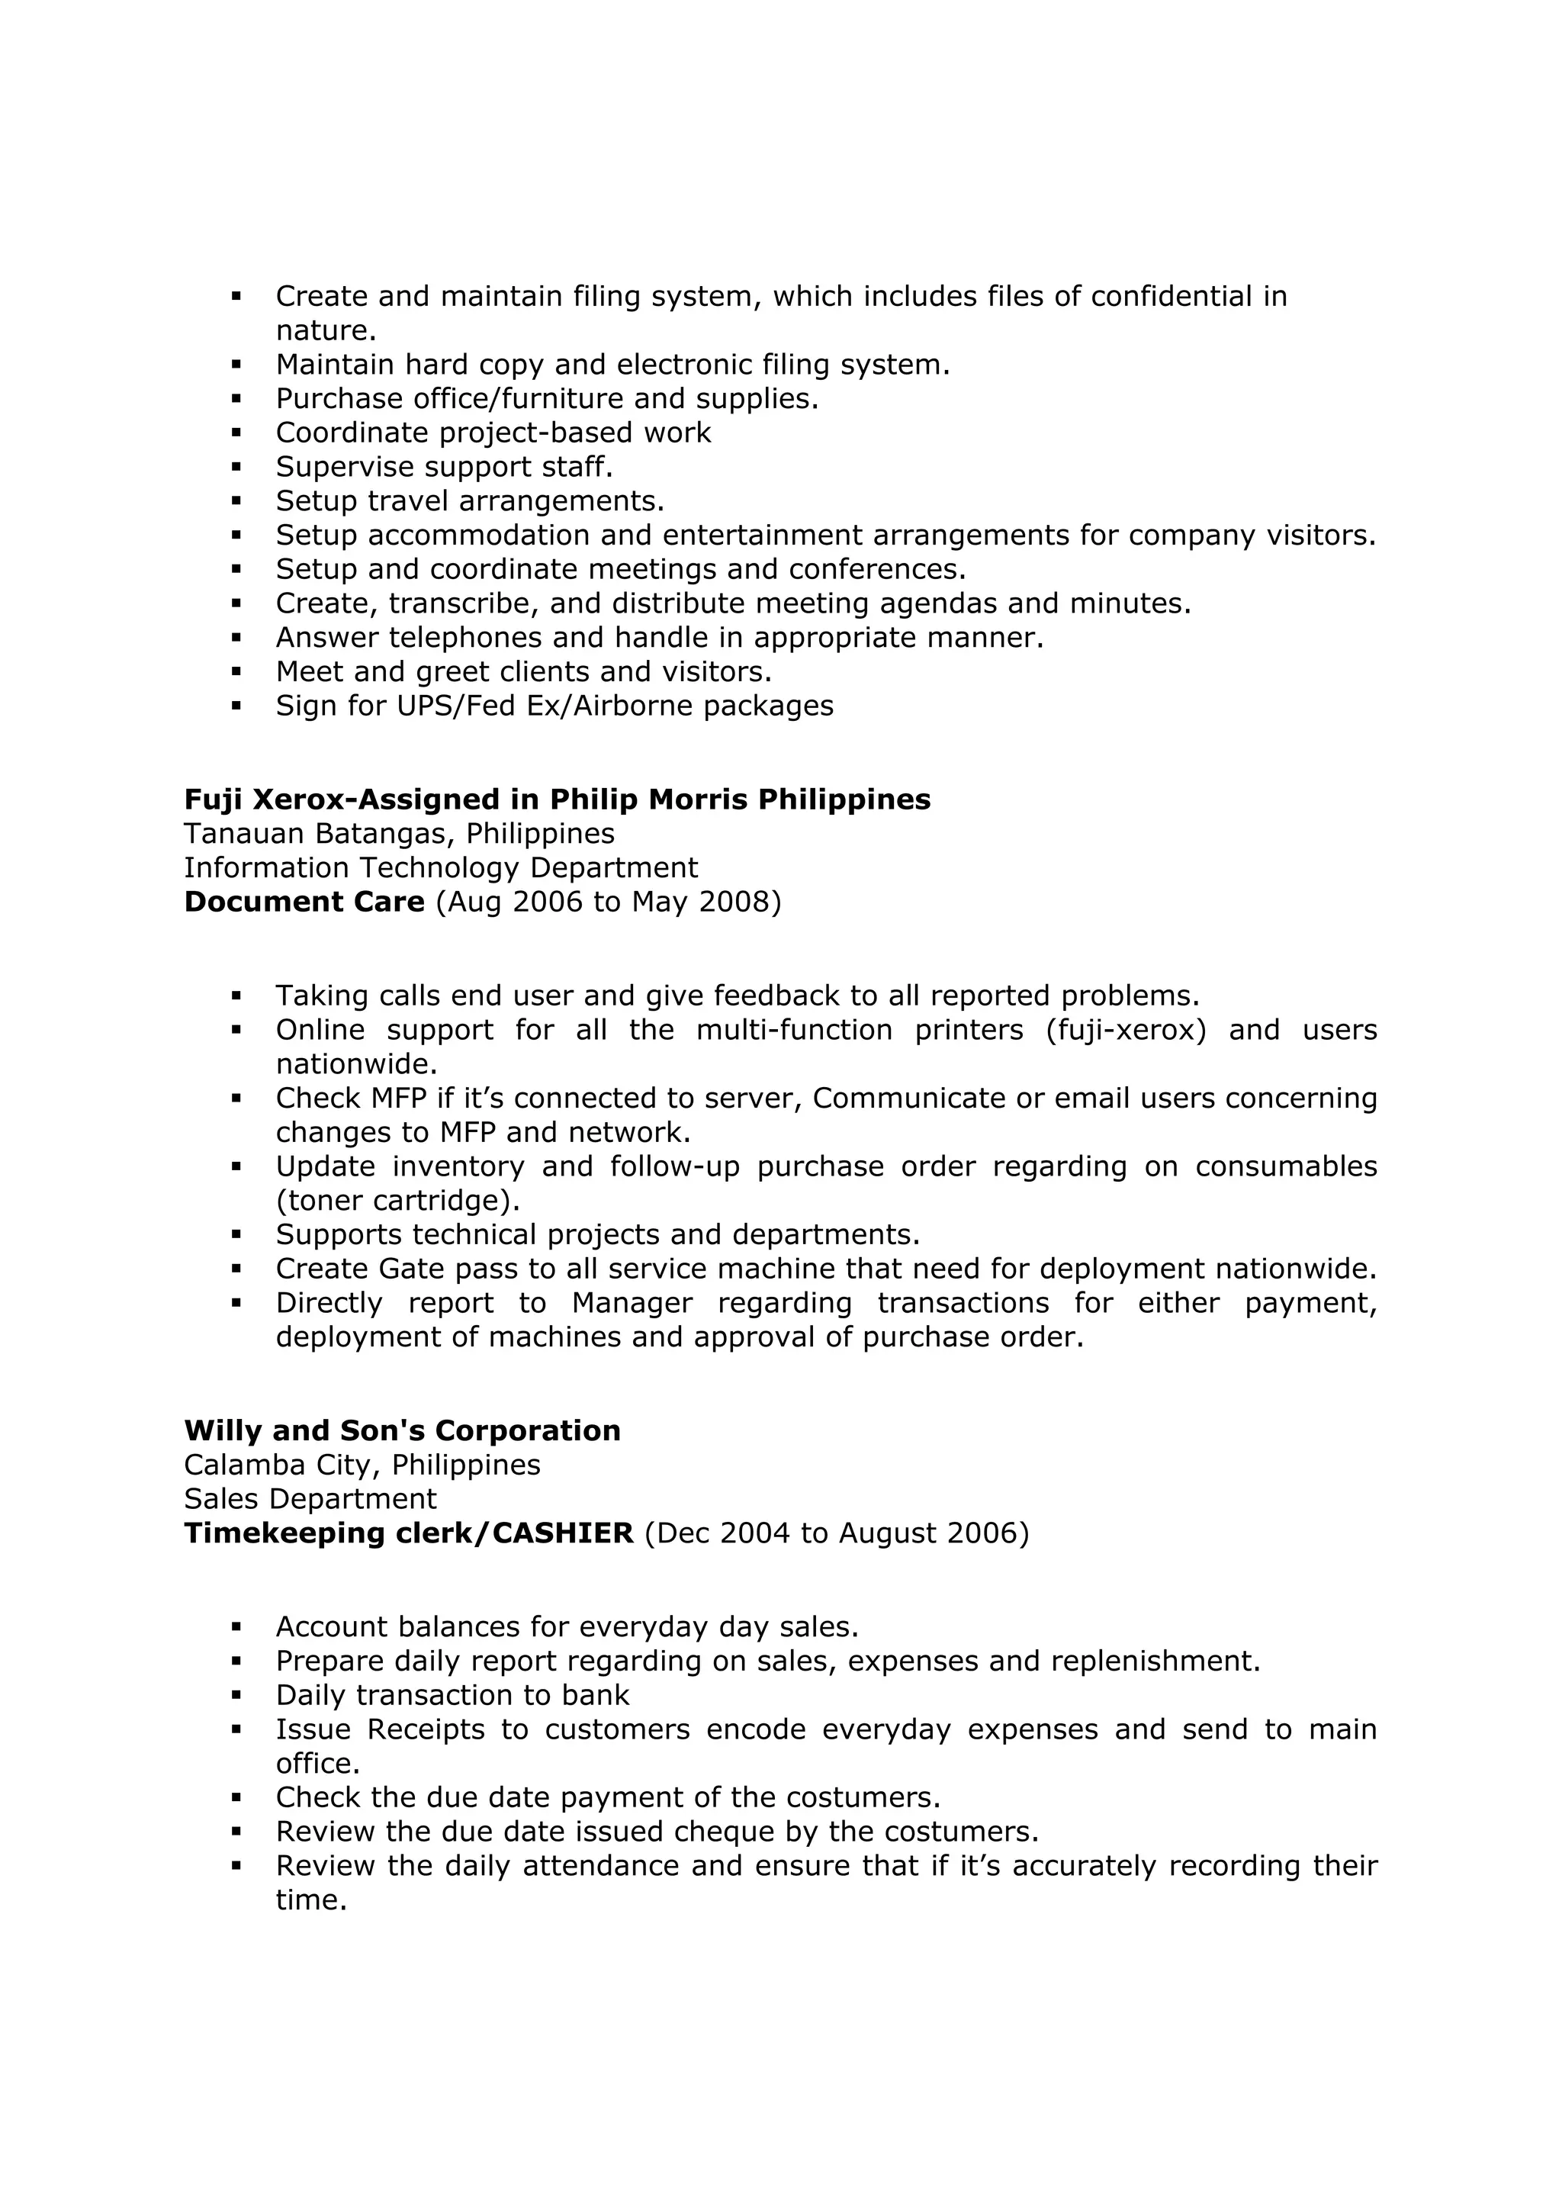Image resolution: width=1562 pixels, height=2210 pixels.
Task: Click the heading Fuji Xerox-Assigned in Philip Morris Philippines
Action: tap(558, 800)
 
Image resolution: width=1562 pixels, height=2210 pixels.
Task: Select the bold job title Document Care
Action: tap(304, 902)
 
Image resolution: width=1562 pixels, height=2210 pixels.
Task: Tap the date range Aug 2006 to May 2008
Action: tap(608, 902)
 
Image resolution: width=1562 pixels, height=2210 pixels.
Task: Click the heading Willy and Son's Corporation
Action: tap(402, 1430)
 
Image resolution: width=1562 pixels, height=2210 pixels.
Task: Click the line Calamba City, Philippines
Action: tap(362, 1465)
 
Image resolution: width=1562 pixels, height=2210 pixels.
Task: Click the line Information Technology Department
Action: tap(441, 868)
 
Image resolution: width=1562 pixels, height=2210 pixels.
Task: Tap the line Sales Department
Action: tap(310, 1499)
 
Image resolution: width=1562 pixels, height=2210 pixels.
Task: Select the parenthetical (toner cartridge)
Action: tap(397, 1202)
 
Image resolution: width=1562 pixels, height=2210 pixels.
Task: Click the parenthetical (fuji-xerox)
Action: tap(1126, 1030)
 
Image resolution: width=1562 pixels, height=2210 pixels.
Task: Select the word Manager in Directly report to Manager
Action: tap(632, 1303)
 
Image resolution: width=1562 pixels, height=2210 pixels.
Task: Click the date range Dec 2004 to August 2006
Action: tap(835, 1533)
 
